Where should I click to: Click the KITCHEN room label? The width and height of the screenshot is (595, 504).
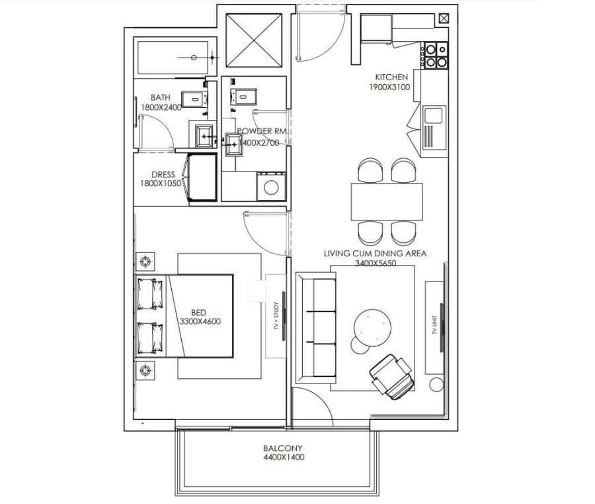pos(391,77)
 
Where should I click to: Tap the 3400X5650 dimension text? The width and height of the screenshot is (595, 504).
pos(374,262)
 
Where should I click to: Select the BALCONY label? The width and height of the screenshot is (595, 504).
pos(283,448)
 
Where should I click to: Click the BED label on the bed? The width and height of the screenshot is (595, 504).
pos(198,313)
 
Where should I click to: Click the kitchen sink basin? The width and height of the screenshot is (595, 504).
pos(434,116)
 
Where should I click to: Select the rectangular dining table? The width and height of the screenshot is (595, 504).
pos(387,201)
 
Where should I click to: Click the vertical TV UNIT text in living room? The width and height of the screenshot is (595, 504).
pos(434,327)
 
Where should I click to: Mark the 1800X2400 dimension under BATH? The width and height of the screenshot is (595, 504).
pos(160,107)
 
